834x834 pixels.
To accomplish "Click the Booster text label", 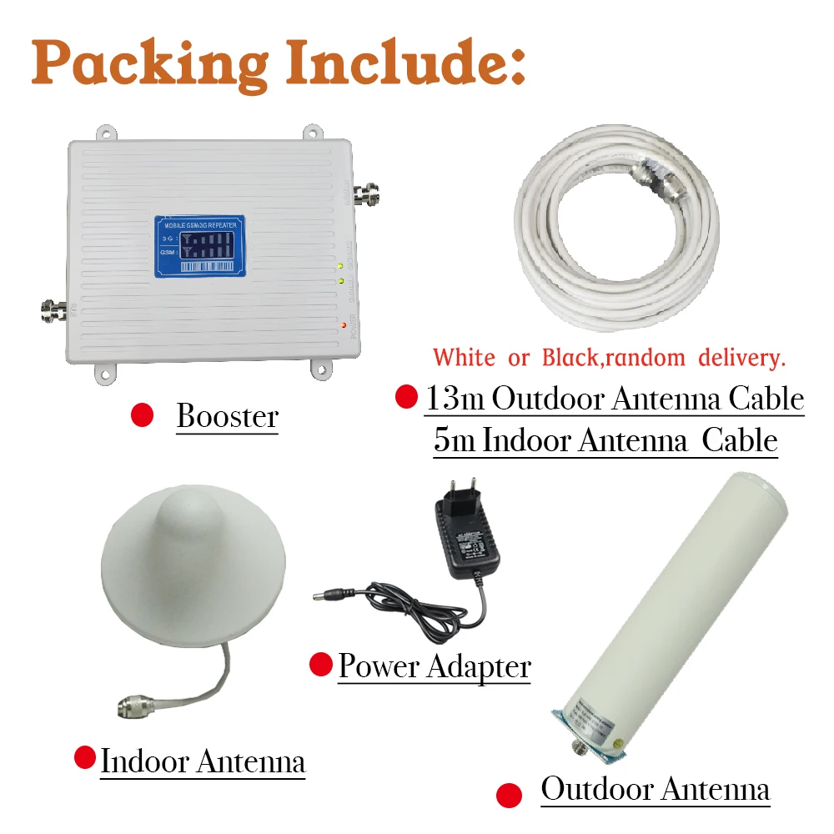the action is [x=227, y=416].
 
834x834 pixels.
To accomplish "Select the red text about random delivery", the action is [x=610, y=358].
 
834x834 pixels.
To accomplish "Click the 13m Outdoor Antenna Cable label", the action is [x=615, y=399].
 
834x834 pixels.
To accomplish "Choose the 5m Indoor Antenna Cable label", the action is [x=605, y=440].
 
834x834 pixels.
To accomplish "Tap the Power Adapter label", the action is [x=434, y=666].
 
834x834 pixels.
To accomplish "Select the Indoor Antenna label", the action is [x=203, y=761].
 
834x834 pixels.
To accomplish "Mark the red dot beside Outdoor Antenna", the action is [x=508, y=795].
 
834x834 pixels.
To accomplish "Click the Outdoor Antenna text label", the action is [x=655, y=788].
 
